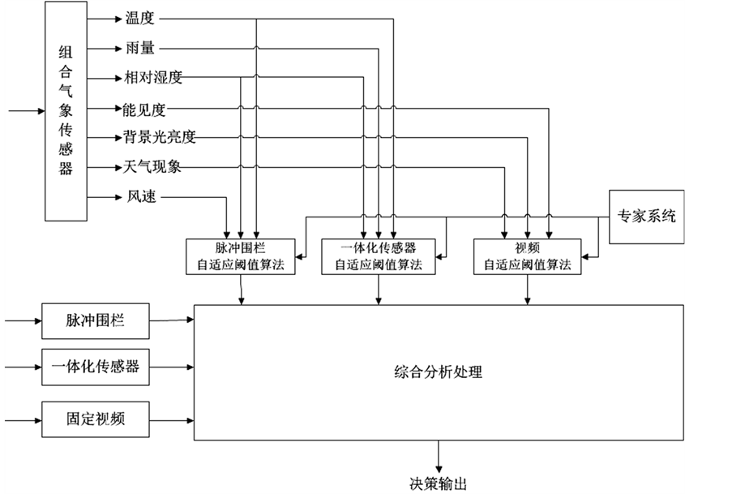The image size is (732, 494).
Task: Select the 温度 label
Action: [x=139, y=19]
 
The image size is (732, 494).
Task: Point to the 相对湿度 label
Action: [x=153, y=79]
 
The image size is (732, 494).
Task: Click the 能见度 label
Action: [x=145, y=108]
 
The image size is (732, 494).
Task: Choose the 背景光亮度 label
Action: [x=160, y=138]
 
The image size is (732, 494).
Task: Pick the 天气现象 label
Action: [x=152, y=168]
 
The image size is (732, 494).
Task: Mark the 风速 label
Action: [x=139, y=197]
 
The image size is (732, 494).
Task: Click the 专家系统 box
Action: [x=646, y=217]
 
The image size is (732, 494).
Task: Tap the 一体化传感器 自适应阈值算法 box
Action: [x=379, y=256]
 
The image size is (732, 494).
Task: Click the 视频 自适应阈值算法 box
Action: [x=528, y=256]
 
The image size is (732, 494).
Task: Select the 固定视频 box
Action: [x=96, y=420]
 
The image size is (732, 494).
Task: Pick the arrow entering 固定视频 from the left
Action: [x=20, y=420]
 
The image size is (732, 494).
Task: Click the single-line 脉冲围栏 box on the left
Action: [x=96, y=322]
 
